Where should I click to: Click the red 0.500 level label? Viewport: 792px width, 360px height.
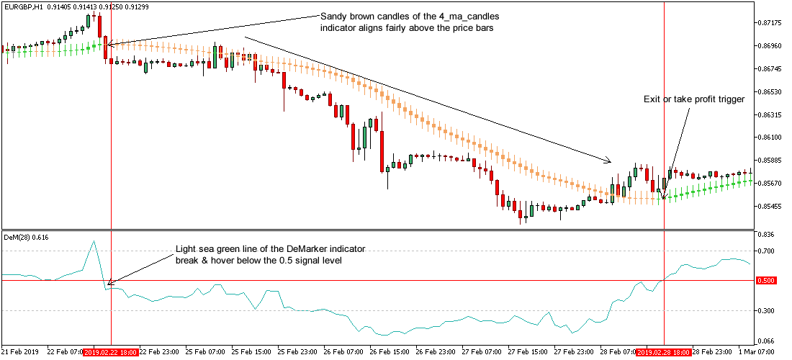pyautogui.click(x=766, y=280)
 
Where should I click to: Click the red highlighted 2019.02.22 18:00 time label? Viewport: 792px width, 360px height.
pyautogui.click(x=111, y=353)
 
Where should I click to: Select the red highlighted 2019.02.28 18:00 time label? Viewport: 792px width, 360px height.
pyautogui.click(x=663, y=353)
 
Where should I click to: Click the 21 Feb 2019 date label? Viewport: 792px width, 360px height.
pyautogui.click(x=20, y=353)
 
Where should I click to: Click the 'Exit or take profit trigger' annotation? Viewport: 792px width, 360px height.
pyautogui.click(x=694, y=99)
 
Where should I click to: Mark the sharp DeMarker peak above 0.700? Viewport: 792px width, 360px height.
pyautogui.click(x=94, y=241)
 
